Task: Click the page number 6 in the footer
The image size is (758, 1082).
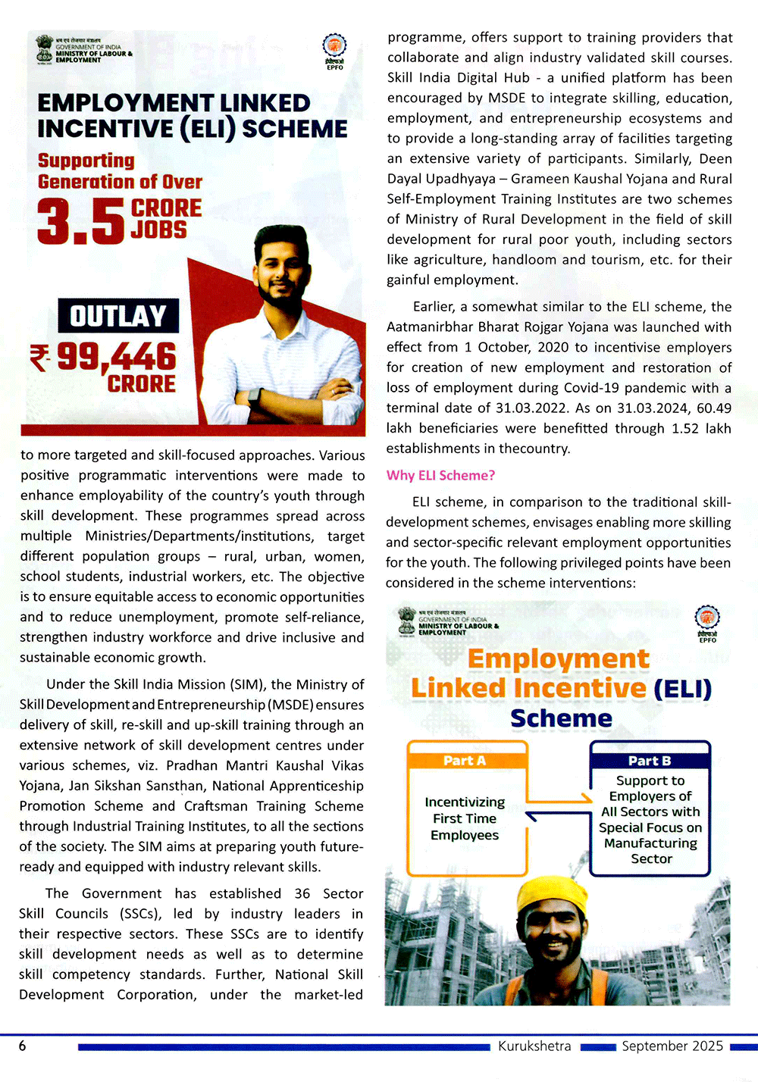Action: pyautogui.click(x=23, y=1046)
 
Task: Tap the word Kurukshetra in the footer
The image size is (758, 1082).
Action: pyautogui.click(x=534, y=1046)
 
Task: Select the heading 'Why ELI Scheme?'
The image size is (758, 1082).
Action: pyautogui.click(x=440, y=475)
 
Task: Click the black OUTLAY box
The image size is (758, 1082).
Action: pyautogui.click(x=118, y=315)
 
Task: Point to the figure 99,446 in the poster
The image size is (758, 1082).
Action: pyautogui.click(x=117, y=356)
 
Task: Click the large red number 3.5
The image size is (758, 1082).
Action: pyautogui.click(x=80, y=221)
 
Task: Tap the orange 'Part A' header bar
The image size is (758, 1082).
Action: pyautogui.click(x=465, y=761)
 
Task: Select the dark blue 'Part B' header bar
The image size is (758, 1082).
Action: pyautogui.click(x=650, y=761)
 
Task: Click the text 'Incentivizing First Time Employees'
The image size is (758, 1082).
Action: pyautogui.click(x=465, y=818)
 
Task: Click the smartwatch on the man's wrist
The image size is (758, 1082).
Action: pyautogui.click(x=254, y=396)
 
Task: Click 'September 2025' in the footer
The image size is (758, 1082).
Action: pyautogui.click(x=672, y=1046)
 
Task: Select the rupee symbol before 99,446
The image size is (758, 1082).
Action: pyautogui.click(x=39, y=356)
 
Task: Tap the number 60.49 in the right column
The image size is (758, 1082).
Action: pyautogui.click(x=713, y=408)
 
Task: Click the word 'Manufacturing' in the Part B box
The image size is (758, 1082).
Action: pyautogui.click(x=650, y=843)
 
